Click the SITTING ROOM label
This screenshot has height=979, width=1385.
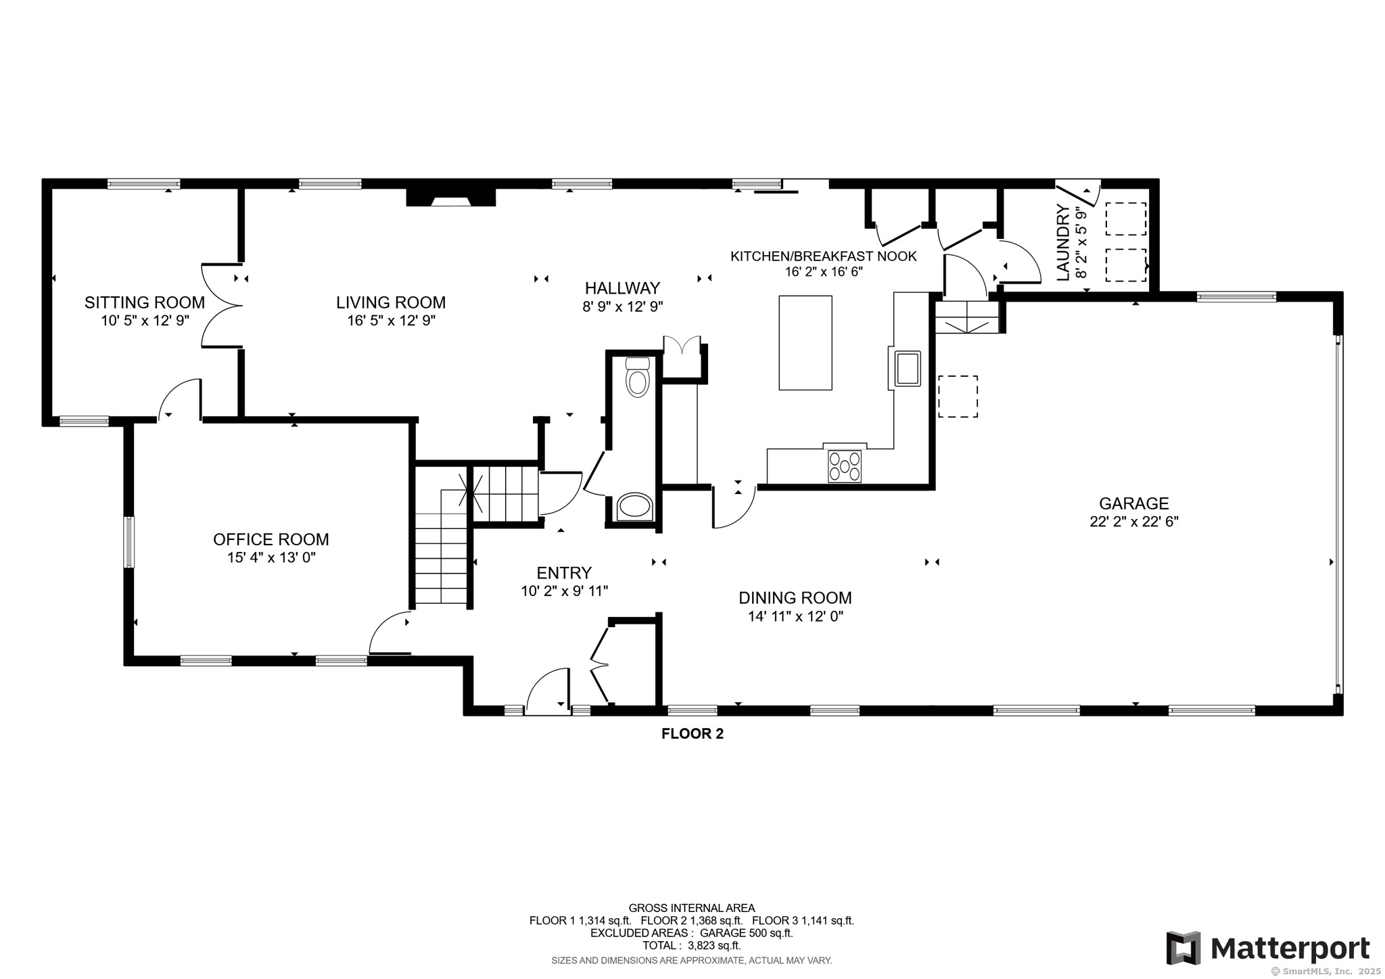pyautogui.click(x=144, y=302)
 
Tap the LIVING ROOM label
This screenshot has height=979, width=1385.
pyautogui.click(x=391, y=302)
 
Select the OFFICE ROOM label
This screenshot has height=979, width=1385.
pyautogui.click(x=271, y=539)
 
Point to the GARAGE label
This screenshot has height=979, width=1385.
pyautogui.click(x=1133, y=503)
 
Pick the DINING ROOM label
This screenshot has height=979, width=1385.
pyautogui.click(x=795, y=598)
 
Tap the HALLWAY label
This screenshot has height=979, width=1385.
pyautogui.click(x=622, y=288)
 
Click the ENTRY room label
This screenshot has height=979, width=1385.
pyautogui.click(x=564, y=573)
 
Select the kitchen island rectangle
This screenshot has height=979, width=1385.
pyautogui.click(x=805, y=342)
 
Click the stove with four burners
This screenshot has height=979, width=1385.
pyautogui.click(x=845, y=465)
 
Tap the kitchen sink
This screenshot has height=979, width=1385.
pyautogui.click(x=908, y=368)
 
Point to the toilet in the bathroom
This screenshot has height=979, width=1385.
pyautogui.click(x=638, y=377)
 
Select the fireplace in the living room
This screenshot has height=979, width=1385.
pyautogui.click(x=451, y=197)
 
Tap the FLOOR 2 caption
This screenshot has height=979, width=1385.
pyautogui.click(x=692, y=733)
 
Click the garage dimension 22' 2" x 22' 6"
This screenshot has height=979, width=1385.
pyautogui.click(x=1134, y=522)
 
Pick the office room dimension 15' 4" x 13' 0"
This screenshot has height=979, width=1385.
pyautogui.click(x=271, y=557)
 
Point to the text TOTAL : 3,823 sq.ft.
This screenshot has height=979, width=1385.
pyautogui.click(x=691, y=945)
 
